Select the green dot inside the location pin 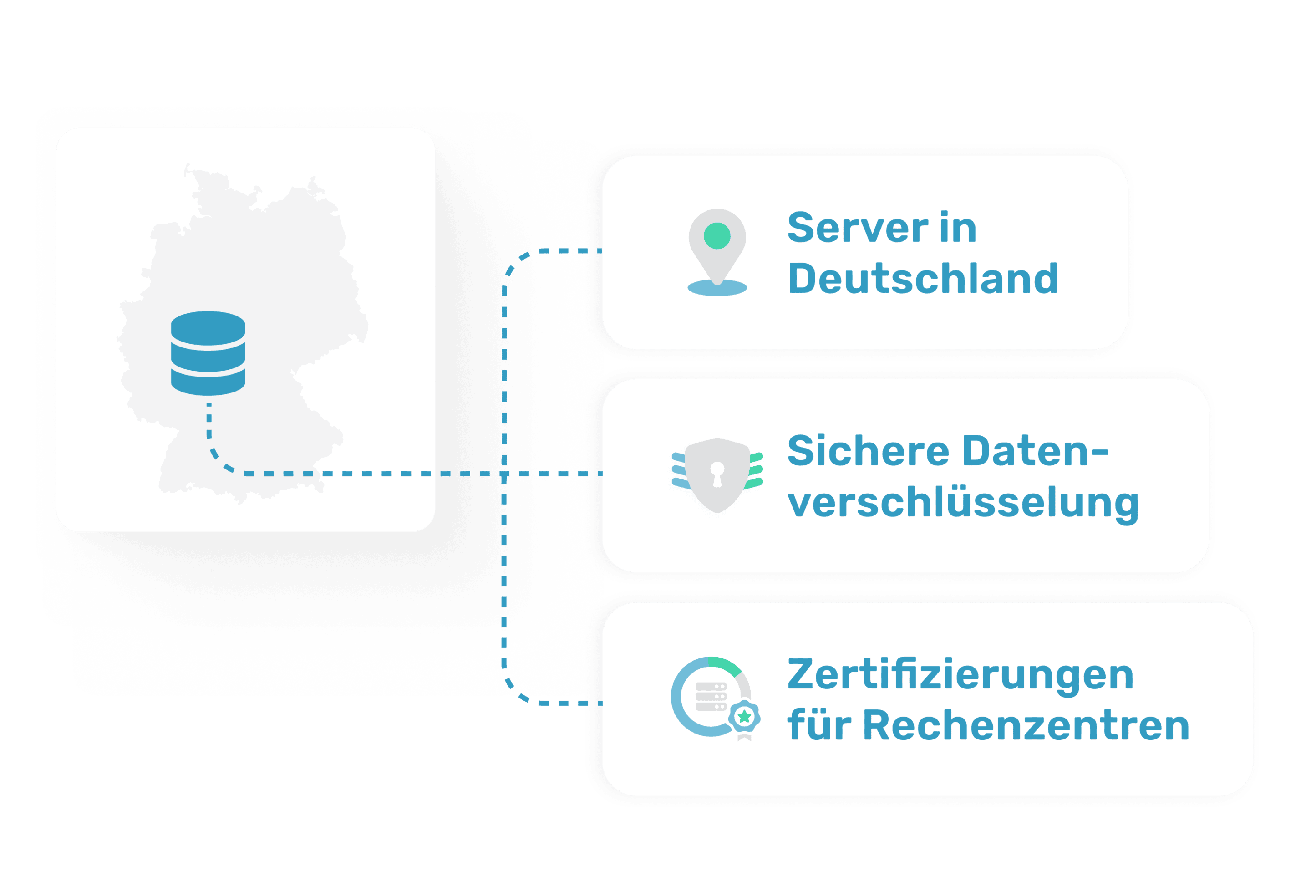pos(717,236)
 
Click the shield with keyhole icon pos(717,475)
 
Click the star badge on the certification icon pos(744,717)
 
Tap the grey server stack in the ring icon pos(710,697)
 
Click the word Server pos(858,228)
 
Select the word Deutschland pos(922,279)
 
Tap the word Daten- pos(1035,451)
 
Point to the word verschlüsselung pos(963,502)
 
